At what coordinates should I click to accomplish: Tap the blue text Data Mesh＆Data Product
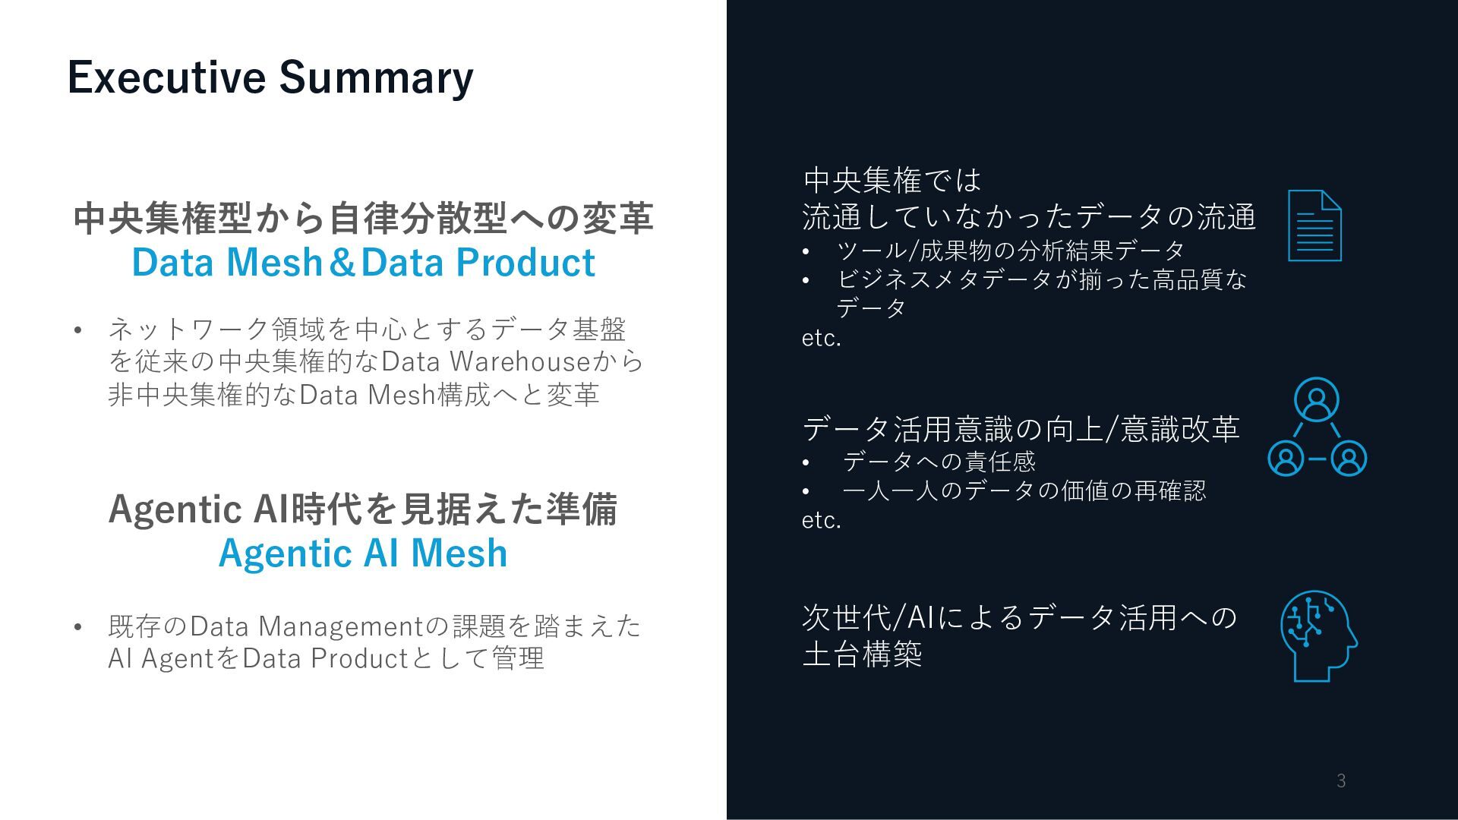click(x=363, y=263)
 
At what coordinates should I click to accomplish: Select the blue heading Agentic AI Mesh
click(x=363, y=553)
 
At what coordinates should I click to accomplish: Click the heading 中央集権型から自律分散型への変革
click(x=363, y=219)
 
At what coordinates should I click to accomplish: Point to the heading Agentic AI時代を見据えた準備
click(x=363, y=509)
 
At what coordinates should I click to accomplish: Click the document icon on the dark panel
click(x=1314, y=225)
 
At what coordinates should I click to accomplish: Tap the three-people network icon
click(x=1317, y=427)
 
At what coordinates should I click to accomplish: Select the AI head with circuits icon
click(x=1318, y=636)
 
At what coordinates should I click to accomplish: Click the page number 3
click(x=1341, y=781)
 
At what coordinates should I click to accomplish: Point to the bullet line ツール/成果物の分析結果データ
click(x=1010, y=250)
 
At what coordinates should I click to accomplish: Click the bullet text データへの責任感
click(x=939, y=461)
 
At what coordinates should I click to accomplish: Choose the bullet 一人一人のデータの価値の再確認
click(x=1024, y=490)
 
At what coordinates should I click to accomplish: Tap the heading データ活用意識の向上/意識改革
click(x=1021, y=429)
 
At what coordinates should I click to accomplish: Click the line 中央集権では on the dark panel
click(x=892, y=181)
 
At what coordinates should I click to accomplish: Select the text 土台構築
click(x=862, y=654)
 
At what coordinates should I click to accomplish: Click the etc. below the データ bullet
click(x=822, y=338)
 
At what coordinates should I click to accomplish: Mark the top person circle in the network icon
click(x=1316, y=399)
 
